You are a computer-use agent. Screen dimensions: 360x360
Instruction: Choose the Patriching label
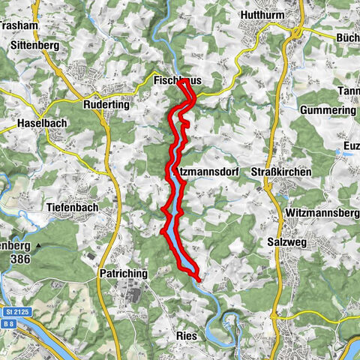point(122,274)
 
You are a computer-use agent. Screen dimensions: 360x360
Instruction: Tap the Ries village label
point(187,336)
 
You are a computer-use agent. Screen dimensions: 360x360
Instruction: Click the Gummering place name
point(327,110)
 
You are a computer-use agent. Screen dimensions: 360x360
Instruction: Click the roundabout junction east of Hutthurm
point(298,32)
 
